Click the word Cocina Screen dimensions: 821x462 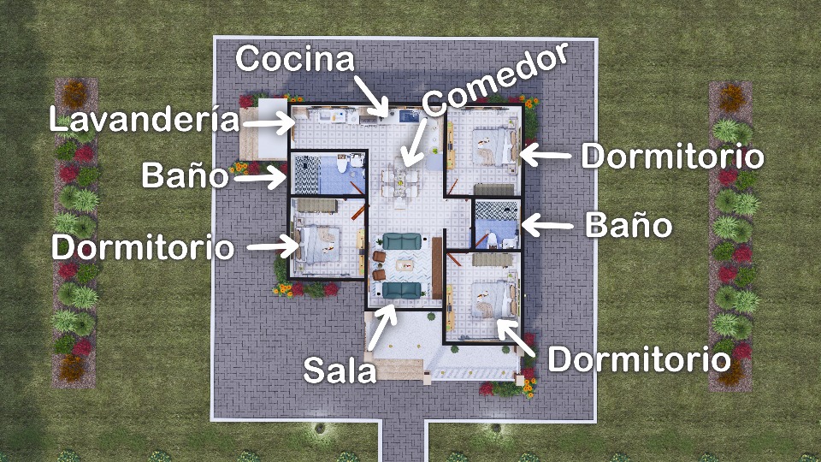[295, 59]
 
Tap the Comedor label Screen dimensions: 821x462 [495, 78]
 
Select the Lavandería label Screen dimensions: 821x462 [144, 119]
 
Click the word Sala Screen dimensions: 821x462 [340, 370]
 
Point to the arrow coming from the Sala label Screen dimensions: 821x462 [381, 328]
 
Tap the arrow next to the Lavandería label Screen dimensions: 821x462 [269, 123]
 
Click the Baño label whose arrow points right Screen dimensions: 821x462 [185, 175]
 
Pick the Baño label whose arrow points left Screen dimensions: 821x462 [629, 225]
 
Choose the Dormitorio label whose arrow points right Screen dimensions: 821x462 [143, 247]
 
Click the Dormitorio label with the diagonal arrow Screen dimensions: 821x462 [639, 359]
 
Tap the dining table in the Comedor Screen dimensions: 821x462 [400, 183]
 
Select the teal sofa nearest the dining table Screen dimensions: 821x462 [402, 241]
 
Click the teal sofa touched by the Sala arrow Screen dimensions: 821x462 [402, 290]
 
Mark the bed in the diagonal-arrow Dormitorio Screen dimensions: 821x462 [493, 300]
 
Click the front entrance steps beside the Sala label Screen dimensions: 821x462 [400, 369]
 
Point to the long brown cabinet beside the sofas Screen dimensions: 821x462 [437, 268]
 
